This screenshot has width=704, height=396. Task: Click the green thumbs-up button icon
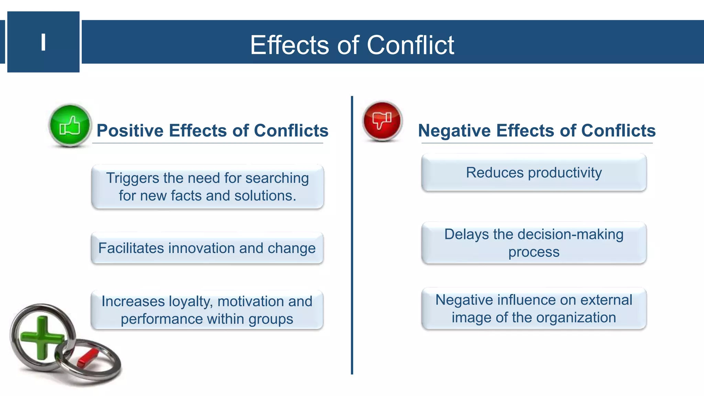coord(70,126)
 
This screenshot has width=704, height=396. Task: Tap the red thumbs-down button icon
coord(382,121)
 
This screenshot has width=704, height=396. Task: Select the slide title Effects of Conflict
coord(352,45)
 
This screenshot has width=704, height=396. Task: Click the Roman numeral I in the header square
coord(43,42)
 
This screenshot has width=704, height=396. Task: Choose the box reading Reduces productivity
coord(534,173)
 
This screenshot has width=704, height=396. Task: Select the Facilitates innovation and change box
coord(207,248)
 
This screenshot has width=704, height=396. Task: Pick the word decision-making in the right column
coord(570,234)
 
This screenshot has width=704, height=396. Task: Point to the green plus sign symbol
coord(42,338)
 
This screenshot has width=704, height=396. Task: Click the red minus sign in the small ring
coord(88,357)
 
